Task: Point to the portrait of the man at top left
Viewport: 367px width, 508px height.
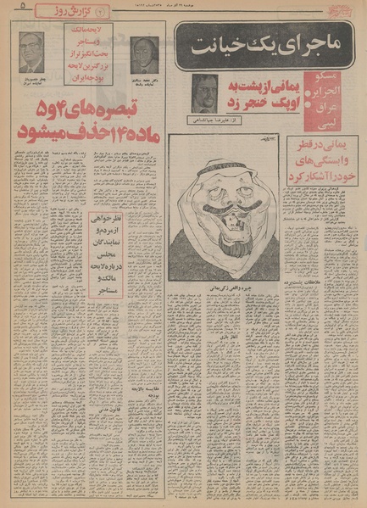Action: [x=31, y=51]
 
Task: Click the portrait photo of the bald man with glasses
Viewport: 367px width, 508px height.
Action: [x=144, y=53]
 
